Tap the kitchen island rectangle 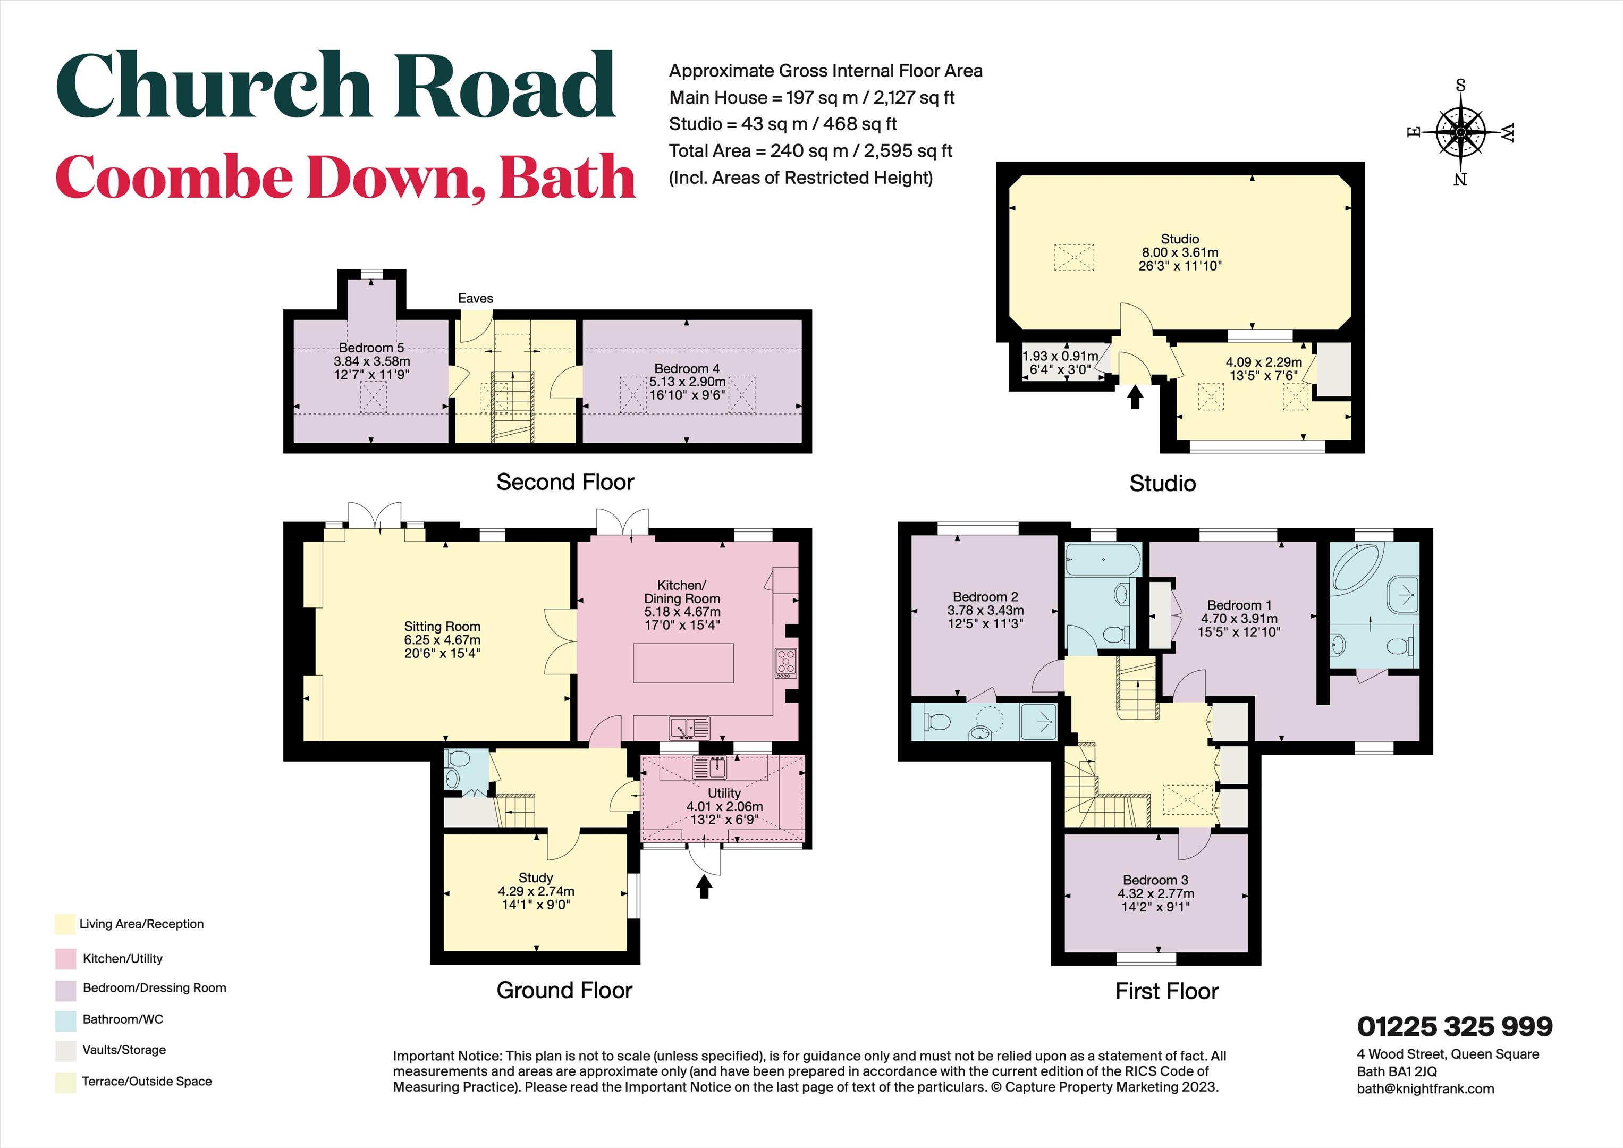tap(683, 663)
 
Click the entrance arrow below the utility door tap(703, 887)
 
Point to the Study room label tap(535, 878)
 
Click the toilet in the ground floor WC tap(458, 761)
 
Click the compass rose tap(1460, 132)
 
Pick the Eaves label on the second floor tap(475, 298)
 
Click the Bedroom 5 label tap(371, 348)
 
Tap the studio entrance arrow tap(1135, 396)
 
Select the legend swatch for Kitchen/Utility tap(65, 959)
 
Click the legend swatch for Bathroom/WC tap(65, 1019)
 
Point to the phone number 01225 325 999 tap(1455, 1026)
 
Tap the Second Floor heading tap(565, 482)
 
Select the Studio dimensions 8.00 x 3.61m tap(1180, 252)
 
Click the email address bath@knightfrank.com tap(1425, 1088)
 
